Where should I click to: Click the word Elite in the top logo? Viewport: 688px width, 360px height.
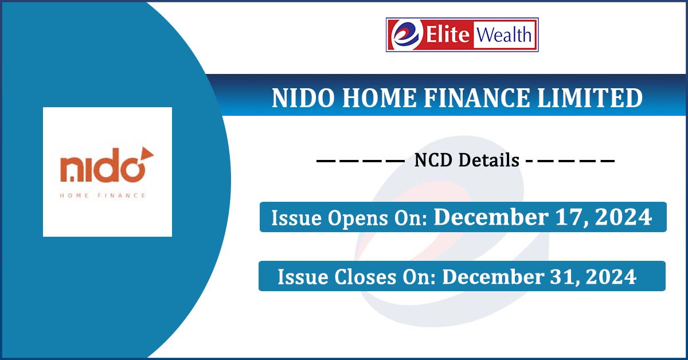pyautogui.click(x=448, y=34)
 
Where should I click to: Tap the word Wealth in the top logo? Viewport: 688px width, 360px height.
pyautogui.click(x=504, y=34)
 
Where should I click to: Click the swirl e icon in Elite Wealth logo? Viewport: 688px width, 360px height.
pyautogui.click(x=406, y=35)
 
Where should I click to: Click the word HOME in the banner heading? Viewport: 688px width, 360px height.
pyautogui.click(x=379, y=98)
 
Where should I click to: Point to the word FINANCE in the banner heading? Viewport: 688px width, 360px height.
pyautogui.click(x=476, y=98)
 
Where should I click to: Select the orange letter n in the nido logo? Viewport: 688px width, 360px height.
pyautogui.click(x=71, y=170)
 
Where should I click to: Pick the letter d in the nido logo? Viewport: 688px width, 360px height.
pyautogui.click(x=106, y=165)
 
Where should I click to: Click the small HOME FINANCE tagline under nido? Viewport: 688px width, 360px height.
pyautogui.click(x=103, y=195)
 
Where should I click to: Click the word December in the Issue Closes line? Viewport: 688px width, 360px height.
pyautogui.click(x=493, y=277)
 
